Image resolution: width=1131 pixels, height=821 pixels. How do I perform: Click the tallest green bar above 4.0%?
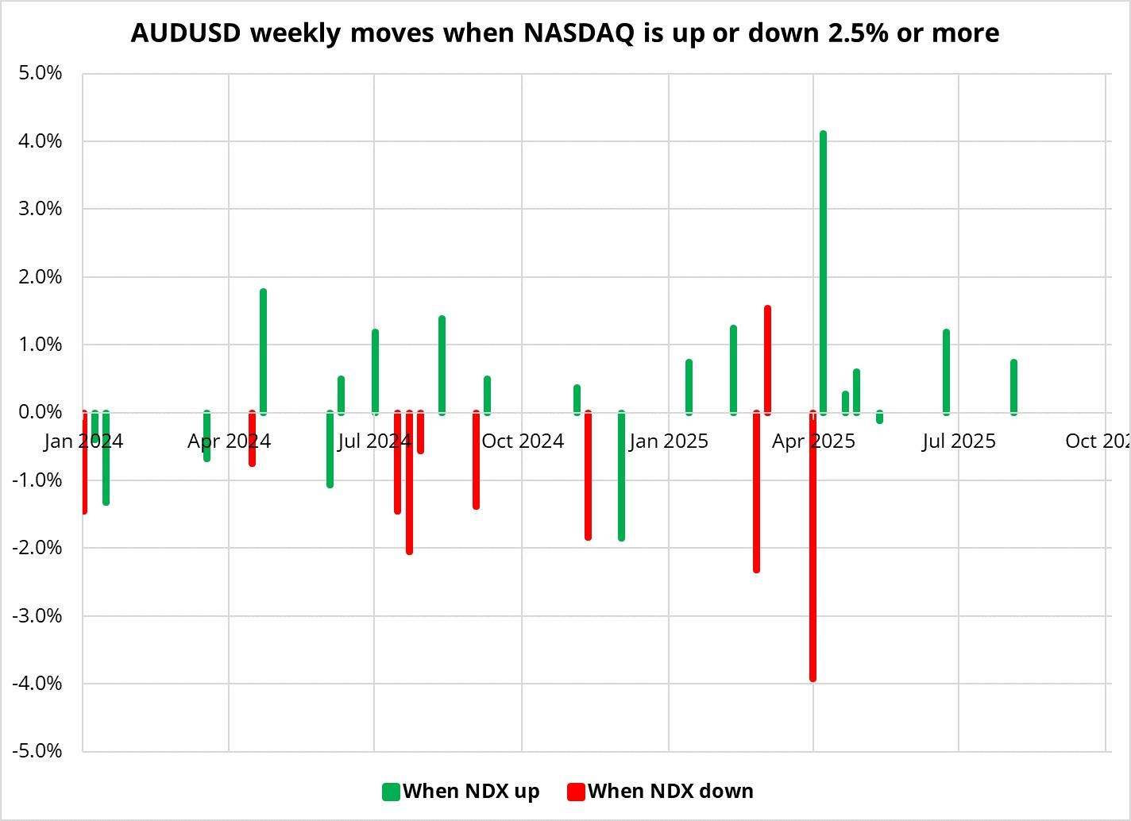823,270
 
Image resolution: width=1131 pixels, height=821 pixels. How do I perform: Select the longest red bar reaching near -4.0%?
813,548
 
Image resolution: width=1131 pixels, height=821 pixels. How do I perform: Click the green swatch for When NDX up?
391,792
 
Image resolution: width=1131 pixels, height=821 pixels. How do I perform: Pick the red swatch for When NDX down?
576,792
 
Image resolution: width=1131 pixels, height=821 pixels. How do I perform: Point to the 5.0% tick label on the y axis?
39,73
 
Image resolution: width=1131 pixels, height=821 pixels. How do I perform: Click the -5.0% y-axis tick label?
37,751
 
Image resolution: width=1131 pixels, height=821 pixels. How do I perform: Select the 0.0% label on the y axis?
39,412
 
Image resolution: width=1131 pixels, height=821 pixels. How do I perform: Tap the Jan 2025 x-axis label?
668,441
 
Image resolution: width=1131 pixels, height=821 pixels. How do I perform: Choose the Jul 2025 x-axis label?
959,441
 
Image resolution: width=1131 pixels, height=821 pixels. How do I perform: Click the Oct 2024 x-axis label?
523,441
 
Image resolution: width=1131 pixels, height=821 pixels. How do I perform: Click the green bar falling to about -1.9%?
621,476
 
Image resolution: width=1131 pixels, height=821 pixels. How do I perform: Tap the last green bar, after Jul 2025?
1013,387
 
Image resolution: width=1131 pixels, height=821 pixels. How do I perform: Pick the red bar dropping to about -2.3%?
756,492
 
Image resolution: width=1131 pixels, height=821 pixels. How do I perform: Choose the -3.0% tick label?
37,615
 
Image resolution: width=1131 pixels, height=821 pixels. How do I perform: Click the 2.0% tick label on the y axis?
39,277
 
